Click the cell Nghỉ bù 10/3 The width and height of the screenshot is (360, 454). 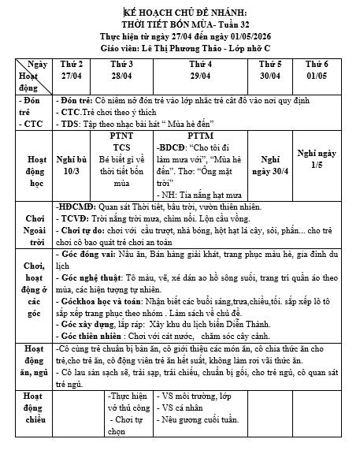tap(74, 162)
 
